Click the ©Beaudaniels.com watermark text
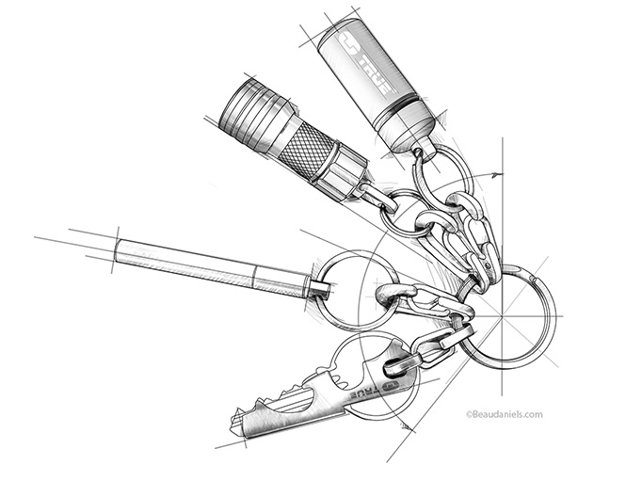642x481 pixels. click(x=505, y=414)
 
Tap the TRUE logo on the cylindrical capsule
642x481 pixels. click(x=365, y=63)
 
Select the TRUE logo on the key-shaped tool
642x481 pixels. click(x=375, y=391)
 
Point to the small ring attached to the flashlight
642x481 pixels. click(x=400, y=213)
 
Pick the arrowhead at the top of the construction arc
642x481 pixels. click(x=497, y=175)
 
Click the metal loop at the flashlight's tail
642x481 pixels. click(x=376, y=197)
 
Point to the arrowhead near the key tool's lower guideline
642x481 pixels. click(x=407, y=426)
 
